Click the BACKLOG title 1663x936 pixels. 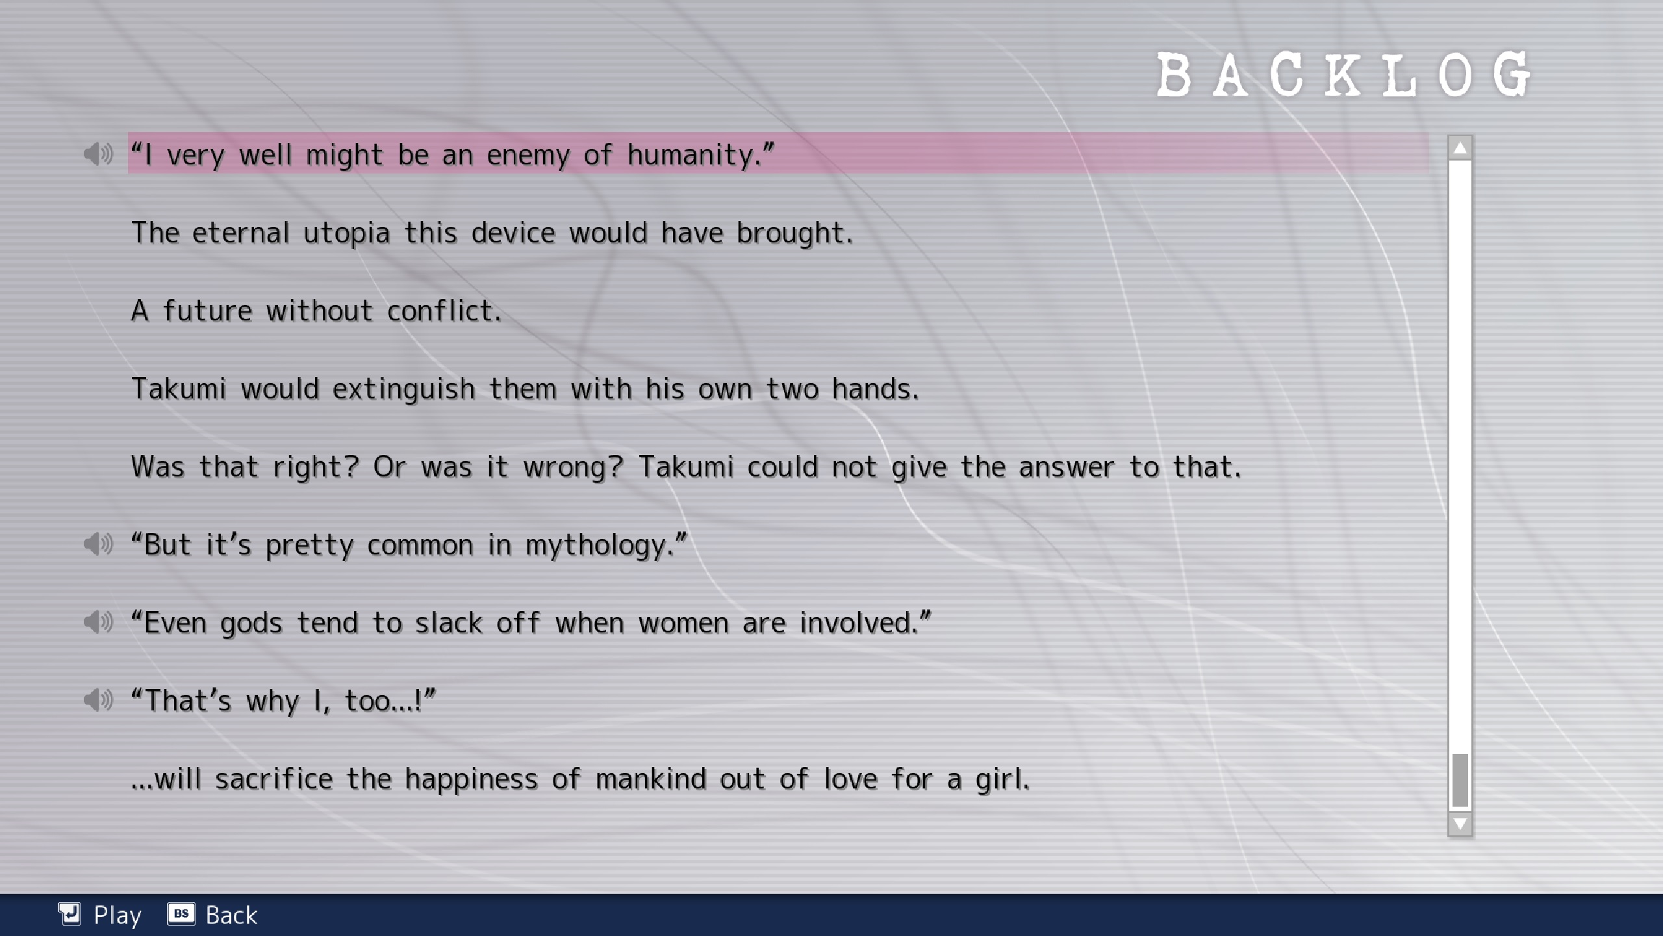1343,75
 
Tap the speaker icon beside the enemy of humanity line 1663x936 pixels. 98,154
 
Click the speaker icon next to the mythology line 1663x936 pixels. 98,544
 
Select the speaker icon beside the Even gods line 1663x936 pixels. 98,622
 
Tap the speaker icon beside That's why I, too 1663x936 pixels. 98,700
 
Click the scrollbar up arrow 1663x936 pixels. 1460,149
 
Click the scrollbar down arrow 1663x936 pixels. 1460,824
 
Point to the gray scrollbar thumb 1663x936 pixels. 1460,780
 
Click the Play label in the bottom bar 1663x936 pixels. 118,915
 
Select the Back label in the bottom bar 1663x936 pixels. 231,915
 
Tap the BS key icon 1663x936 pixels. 181,913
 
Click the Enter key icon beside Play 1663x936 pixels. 70,913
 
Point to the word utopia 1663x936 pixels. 346,233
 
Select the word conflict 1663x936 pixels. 444,311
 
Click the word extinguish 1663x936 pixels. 403,389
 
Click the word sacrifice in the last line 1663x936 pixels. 273,779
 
